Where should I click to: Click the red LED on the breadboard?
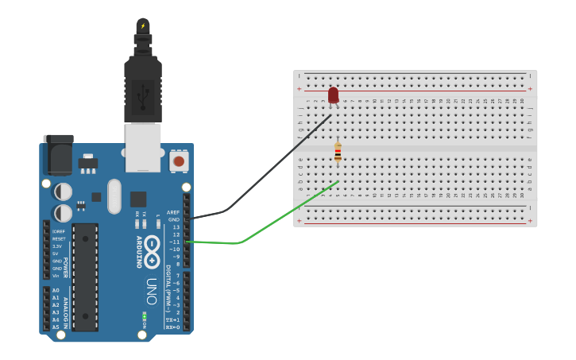333,95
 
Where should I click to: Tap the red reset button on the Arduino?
179,161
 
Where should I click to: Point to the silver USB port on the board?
143,147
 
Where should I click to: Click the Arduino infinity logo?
152,252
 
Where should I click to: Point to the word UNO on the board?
151,285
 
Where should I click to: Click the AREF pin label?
174,212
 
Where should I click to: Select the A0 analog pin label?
56,291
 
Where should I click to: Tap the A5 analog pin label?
56,327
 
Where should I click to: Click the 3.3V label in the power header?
56,246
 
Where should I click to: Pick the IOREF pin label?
58,231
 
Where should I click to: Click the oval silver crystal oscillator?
114,196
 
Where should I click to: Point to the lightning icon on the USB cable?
143,26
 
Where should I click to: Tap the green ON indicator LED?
145,319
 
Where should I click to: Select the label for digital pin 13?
176,226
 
